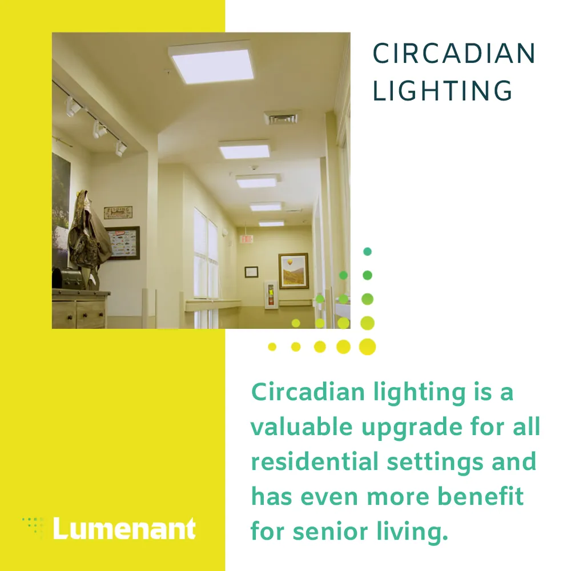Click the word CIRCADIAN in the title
click(x=454, y=54)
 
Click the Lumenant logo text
click(x=124, y=529)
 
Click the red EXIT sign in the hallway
click(x=246, y=239)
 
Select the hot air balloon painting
click(x=293, y=271)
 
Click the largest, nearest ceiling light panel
click(x=211, y=62)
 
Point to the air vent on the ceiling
click(x=281, y=118)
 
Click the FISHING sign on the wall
click(x=118, y=212)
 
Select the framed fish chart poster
click(x=122, y=243)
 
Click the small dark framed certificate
click(x=251, y=272)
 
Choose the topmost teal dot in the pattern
click(x=367, y=251)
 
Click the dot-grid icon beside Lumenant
click(x=34, y=526)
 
